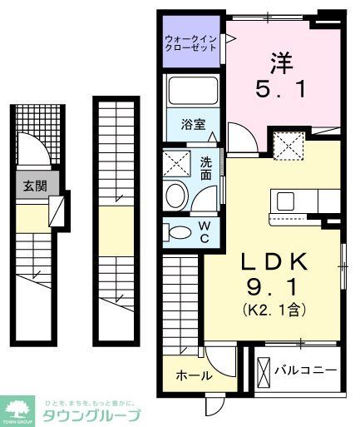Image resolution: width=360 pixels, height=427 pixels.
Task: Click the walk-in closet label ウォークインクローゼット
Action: click(190, 42)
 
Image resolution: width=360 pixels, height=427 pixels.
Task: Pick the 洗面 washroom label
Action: click(205, 169)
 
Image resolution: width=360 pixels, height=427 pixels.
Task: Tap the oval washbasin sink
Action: click(176, 196)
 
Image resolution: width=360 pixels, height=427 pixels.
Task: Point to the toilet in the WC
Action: click(175, 231)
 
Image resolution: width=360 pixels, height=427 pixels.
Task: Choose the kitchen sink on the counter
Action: click(285, 201)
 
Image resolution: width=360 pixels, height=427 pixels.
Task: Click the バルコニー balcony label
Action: click(305, 369)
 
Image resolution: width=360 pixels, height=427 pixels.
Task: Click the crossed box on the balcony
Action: click(264, 369)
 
